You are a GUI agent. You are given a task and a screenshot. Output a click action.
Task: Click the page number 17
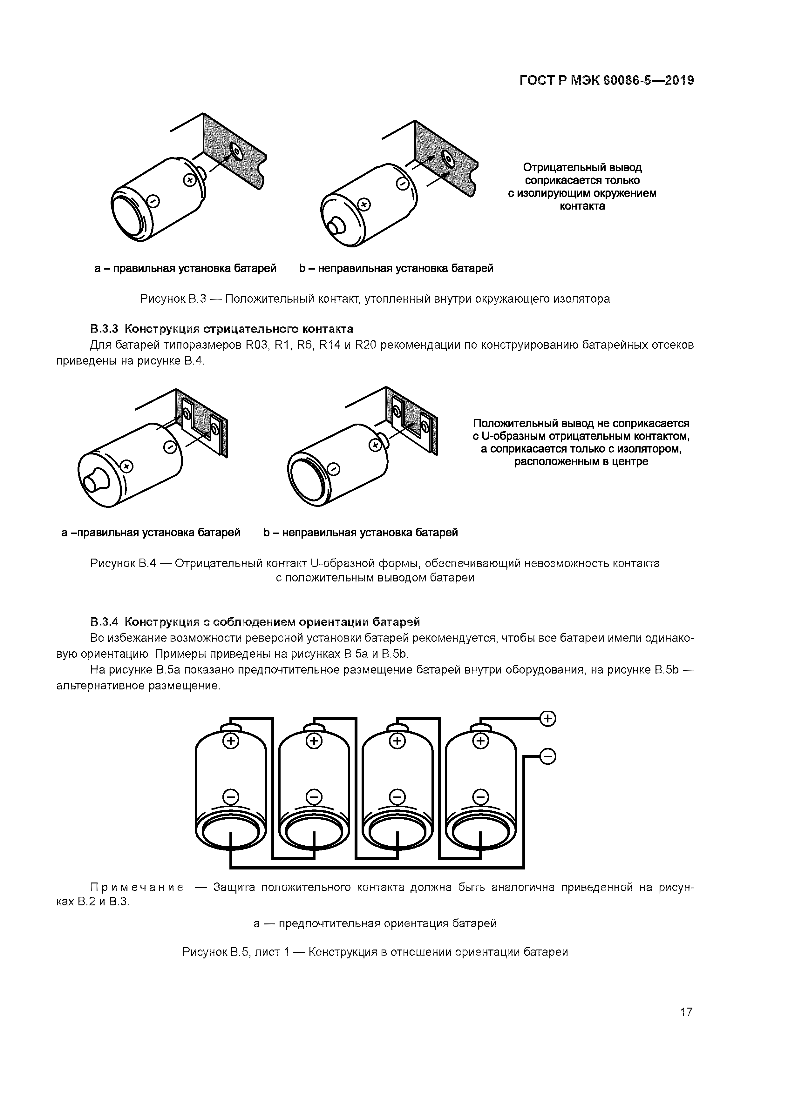(686, 1012)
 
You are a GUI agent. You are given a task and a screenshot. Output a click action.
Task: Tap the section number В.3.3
(104, 329)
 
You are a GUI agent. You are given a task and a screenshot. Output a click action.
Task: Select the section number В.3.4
(104, 621)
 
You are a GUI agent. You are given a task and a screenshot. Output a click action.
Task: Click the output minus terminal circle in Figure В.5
(548, 756)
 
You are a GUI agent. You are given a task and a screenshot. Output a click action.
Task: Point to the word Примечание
(137, 887)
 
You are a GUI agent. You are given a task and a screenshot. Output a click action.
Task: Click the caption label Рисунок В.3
(173, 299)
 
